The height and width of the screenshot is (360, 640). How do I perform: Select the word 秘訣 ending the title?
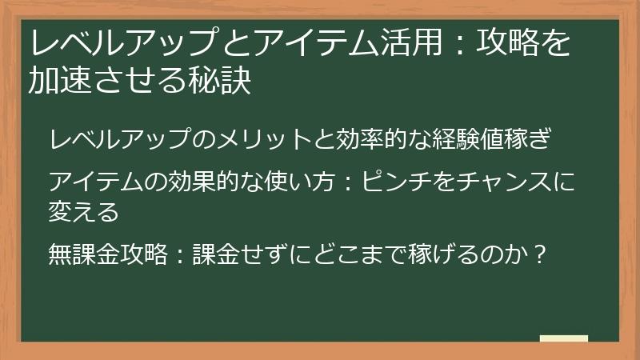click(223, 81)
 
